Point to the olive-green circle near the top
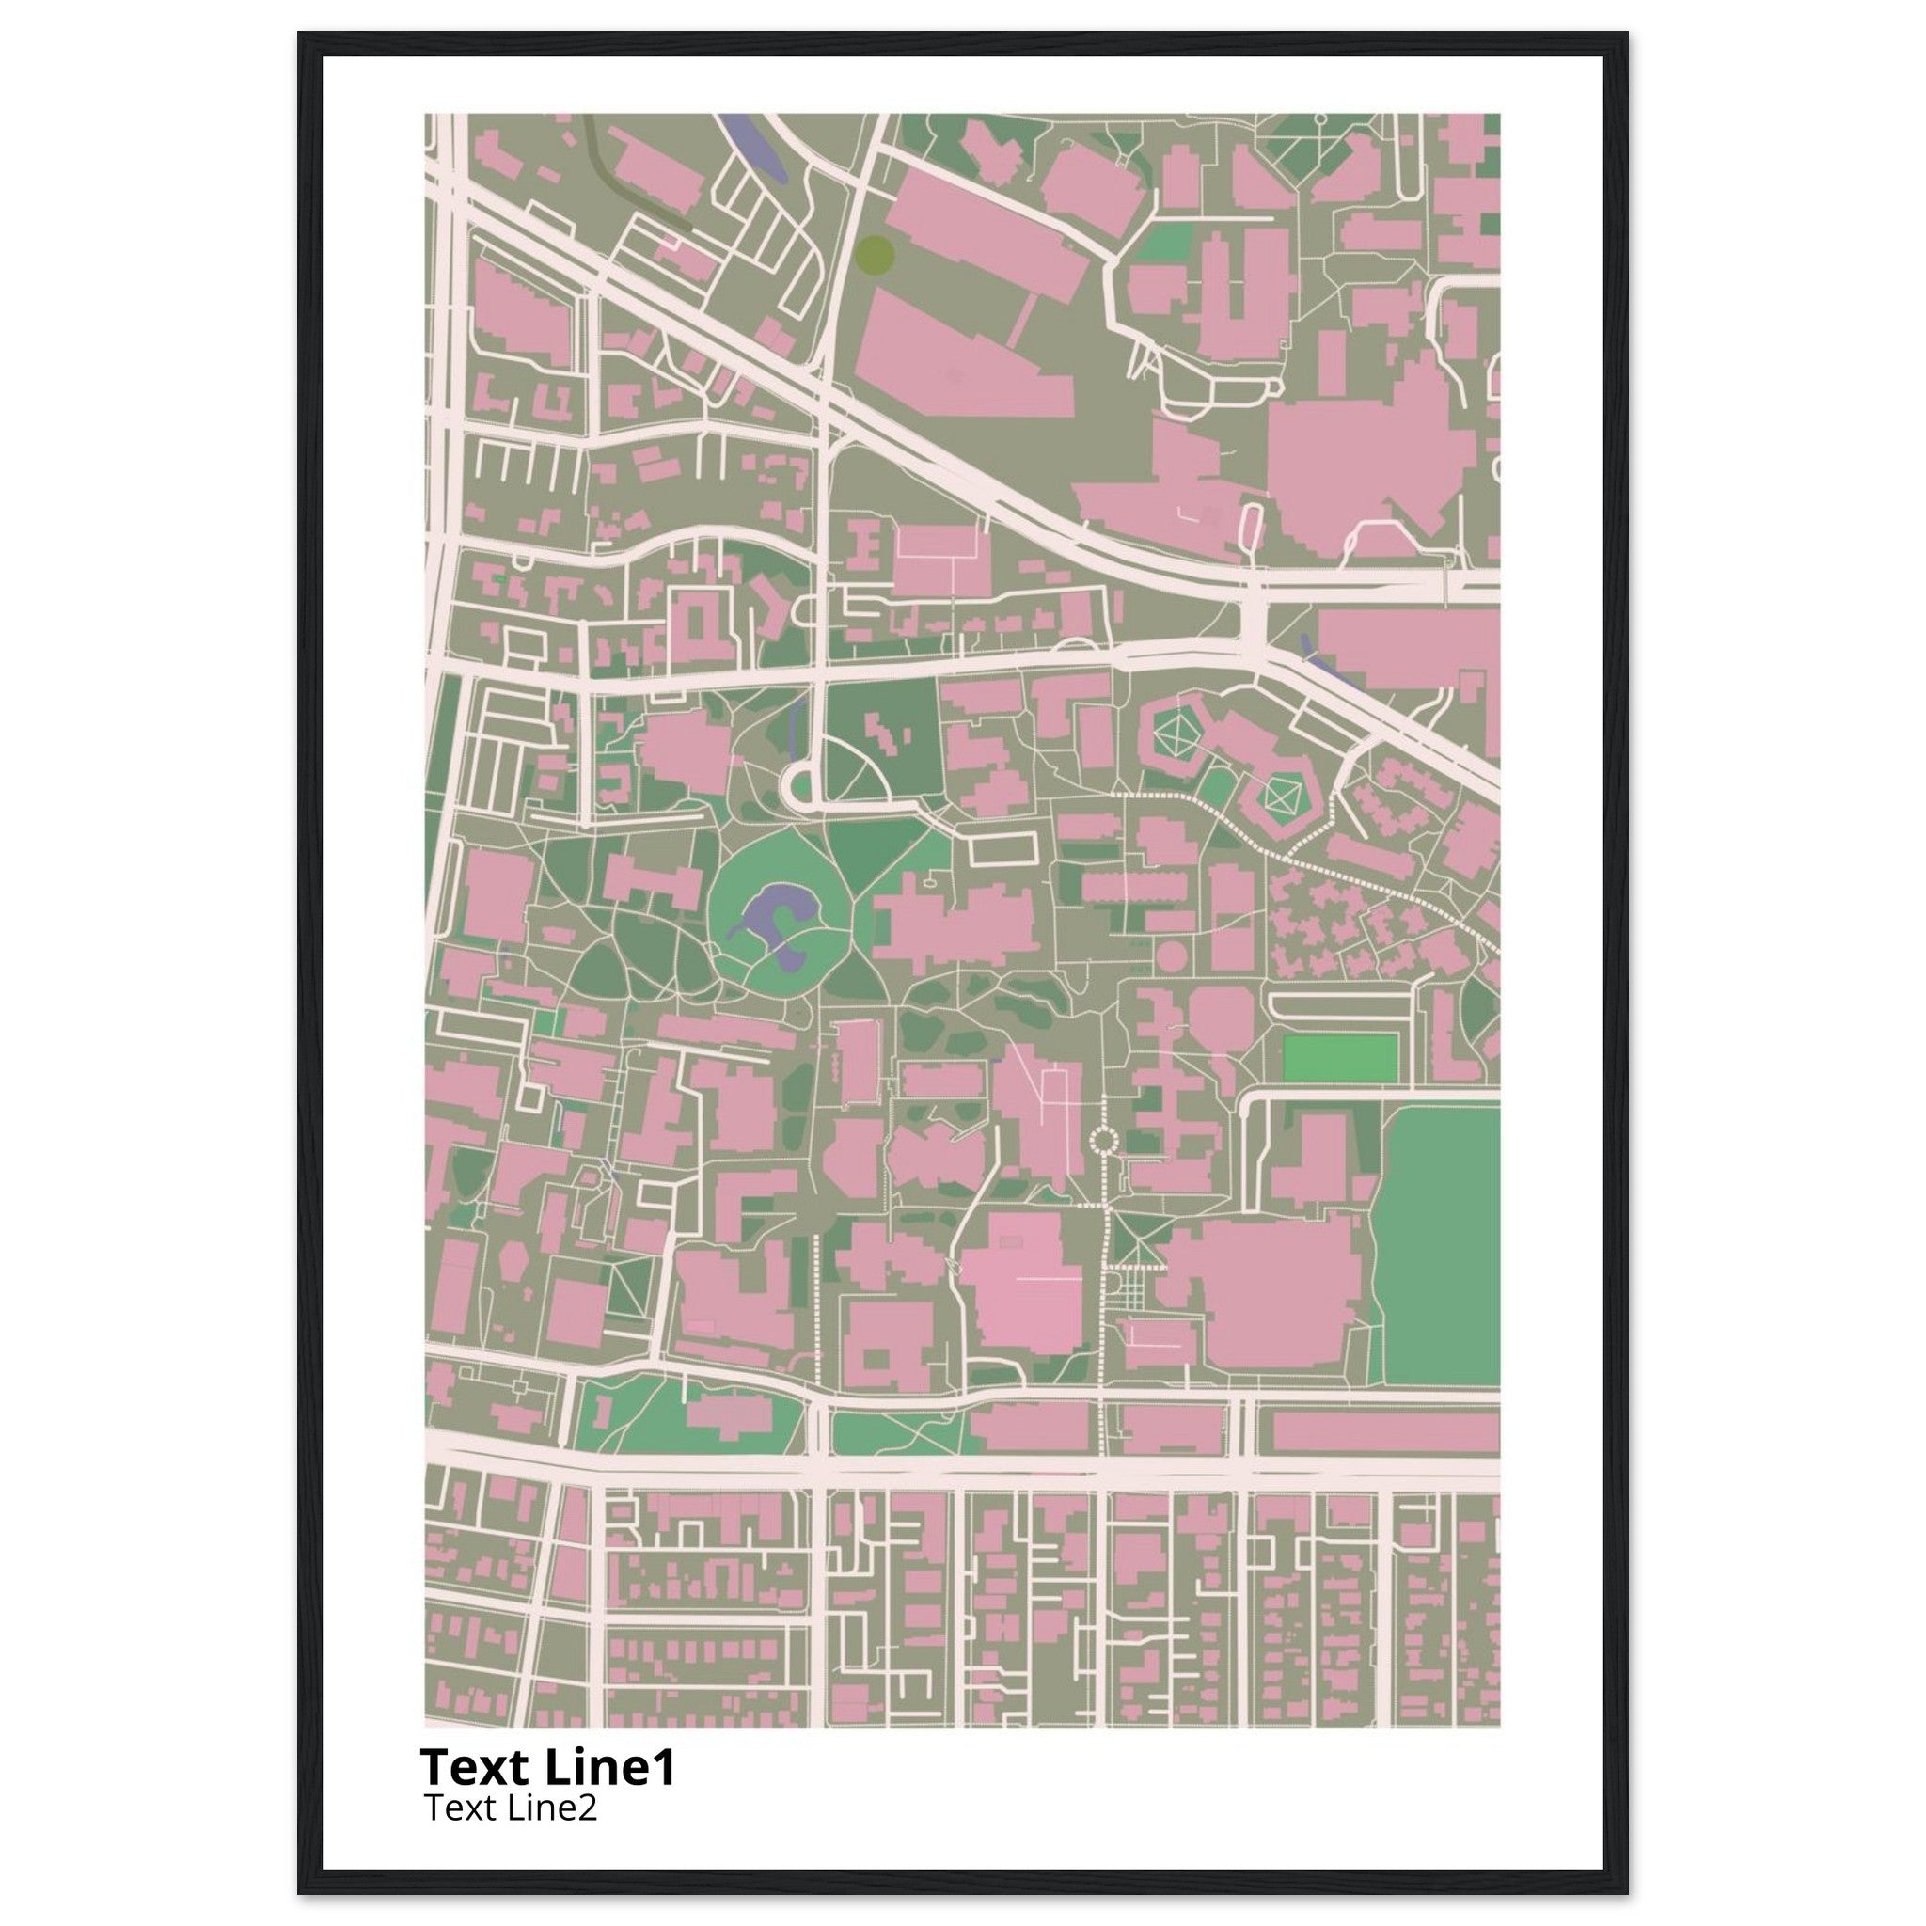coord(875,253)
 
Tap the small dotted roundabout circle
coord(1103,1139)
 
